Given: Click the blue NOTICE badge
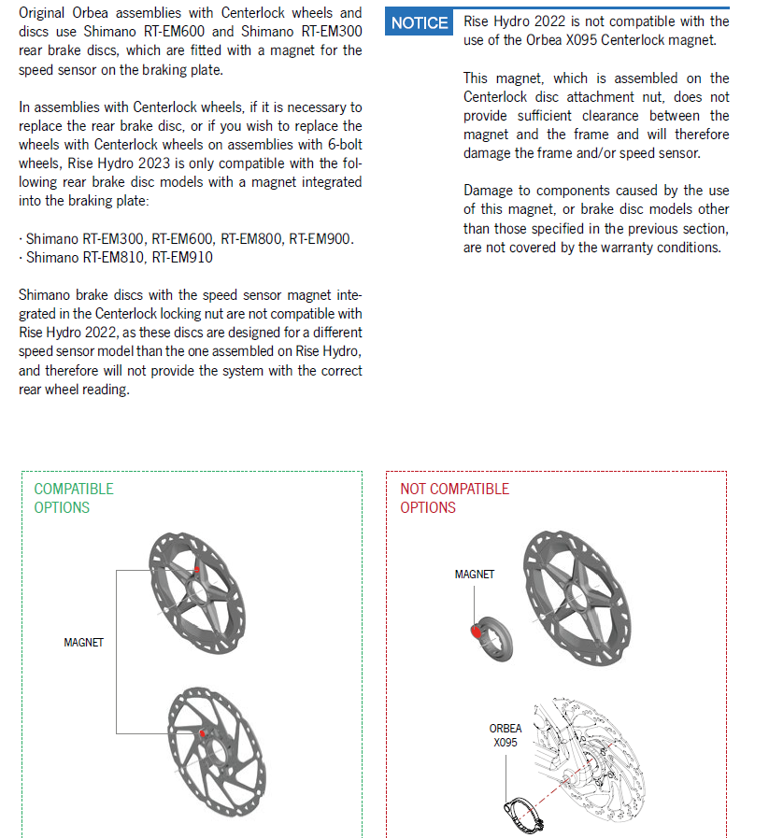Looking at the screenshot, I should (x=420, y=23).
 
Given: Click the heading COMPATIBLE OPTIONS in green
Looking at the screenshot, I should (x=73, y=498).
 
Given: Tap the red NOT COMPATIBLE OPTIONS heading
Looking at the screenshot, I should (x=454, y=498).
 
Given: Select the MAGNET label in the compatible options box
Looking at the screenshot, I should (x=83, y=643).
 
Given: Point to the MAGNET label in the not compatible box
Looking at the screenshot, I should (x=474, y=575).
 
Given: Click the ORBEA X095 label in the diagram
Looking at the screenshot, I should (x=506, y=735).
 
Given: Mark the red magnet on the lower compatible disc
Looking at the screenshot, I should (x=203, y=734).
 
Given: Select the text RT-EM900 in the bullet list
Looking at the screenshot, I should (x=320, y=239).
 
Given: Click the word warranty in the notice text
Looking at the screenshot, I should (x=619, y=248).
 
